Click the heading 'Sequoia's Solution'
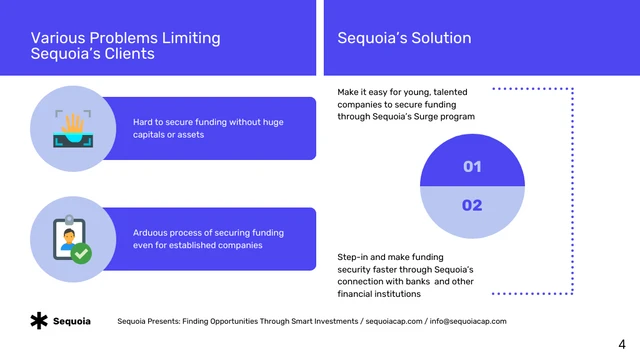click(x=404, y=39)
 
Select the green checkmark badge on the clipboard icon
click(x=82, y=254)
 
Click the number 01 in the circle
click(x=472, y=167)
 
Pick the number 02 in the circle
click(x=472, y=205)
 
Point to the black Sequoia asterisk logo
click(x=38, y=321)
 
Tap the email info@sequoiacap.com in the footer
click(x=468, y=321)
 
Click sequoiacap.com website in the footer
click(x=393, y=321)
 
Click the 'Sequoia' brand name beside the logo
click(x=72, y=321)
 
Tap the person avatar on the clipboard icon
click(x=68, y=240)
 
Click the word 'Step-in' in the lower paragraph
click(x=355, y=257)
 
